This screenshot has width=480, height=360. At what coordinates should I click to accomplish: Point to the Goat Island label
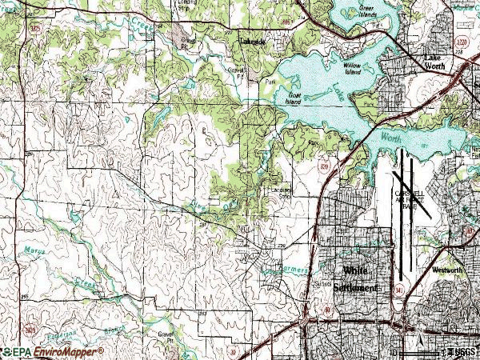click(x=295, y=98)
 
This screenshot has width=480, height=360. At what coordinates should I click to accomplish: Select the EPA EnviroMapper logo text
click(x=52, y=351)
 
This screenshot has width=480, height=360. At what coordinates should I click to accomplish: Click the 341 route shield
click(x=398, y=289)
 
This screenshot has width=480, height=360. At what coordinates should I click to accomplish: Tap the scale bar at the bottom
click(x=416, y=351)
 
